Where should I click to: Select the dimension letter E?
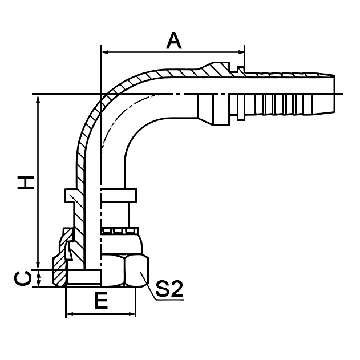[x=101, y=301]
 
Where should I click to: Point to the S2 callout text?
[x=169, y=289]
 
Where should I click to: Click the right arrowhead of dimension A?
[x=241, y=53]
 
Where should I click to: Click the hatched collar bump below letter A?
[x=217, y=68]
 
